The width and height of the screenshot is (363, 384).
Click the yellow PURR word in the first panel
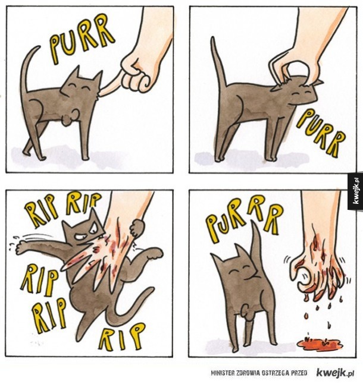81,39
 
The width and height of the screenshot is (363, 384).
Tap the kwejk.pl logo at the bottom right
335,373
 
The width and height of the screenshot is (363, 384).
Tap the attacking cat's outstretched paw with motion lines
23,247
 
